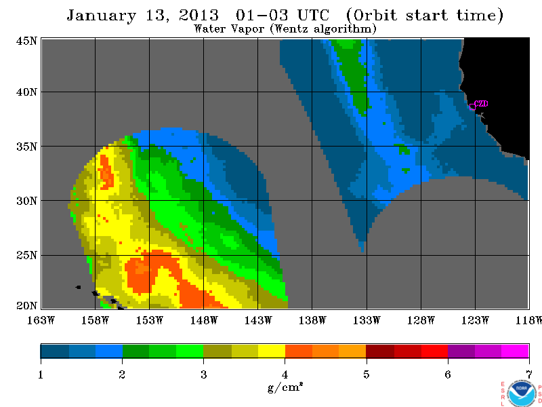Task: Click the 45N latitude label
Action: tap(26, 41)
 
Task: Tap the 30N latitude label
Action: tap(26, 201)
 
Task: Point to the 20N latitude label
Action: tap(26, 306)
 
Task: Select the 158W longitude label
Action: tap(95, 320)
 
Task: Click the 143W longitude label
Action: tap(258, 320)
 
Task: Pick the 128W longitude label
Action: tap(421, 320)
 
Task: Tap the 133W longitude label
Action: tap(367, 320)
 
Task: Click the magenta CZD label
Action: tap(482, 104)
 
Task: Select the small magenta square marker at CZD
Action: tap(472, 107)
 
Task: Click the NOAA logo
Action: tap(522, 394)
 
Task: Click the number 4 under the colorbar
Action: tap(285, 374)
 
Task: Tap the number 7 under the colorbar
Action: tap(529, 374)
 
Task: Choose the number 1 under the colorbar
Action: tap(41, 374)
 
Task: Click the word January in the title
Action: tap(102, 16)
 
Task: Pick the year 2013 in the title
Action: tap(199, 15)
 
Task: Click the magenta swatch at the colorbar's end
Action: tap(515, 351)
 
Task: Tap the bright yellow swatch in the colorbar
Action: tap(272, 351)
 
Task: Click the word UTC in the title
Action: tap(313, 15)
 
